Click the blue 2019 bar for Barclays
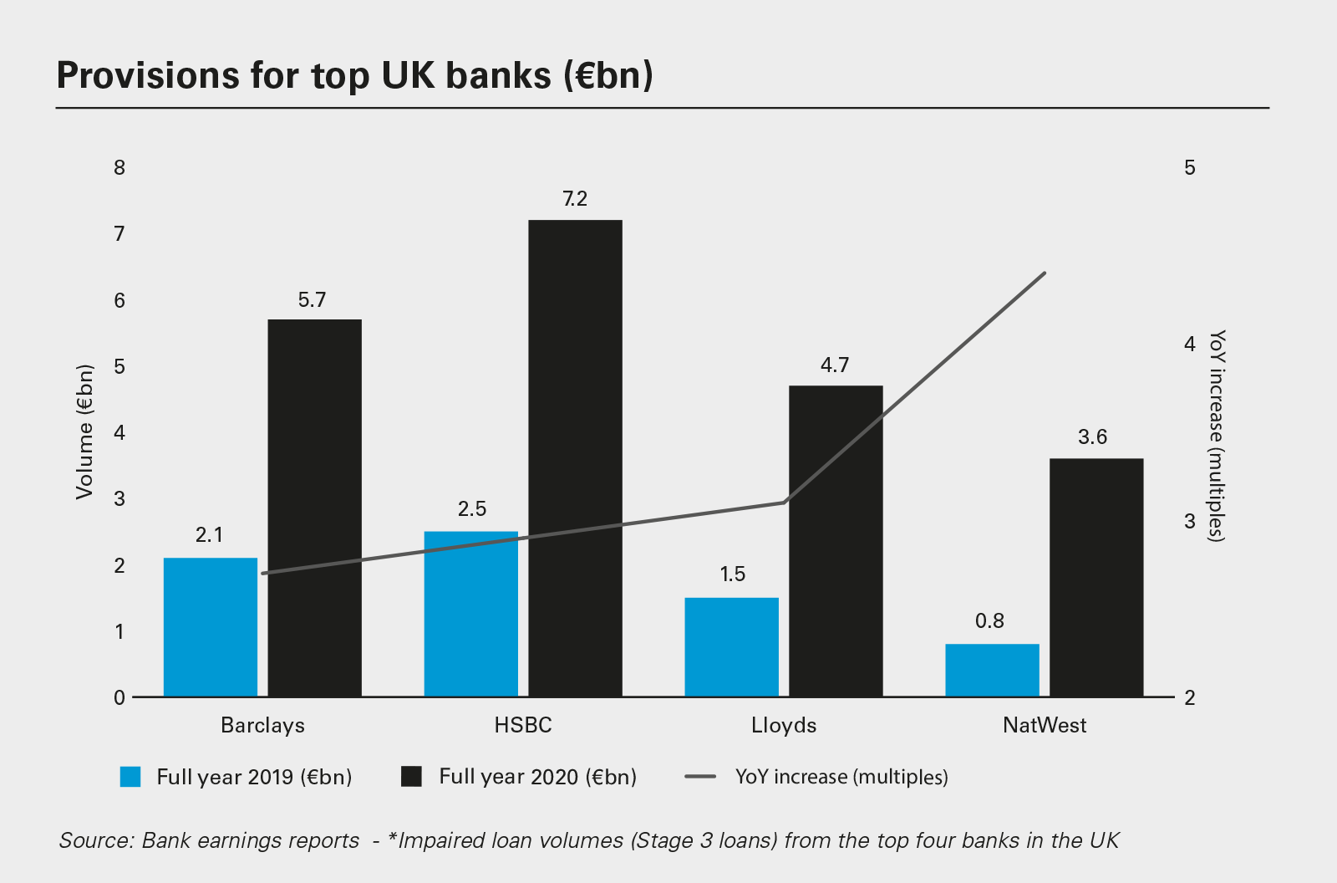tap(211, 627)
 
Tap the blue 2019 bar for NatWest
tap(992, 670)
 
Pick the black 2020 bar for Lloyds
tap(836, 541)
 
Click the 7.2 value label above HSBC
tap(575, 199)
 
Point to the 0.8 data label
tap(989, 621)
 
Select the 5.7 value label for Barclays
tap(312, 300)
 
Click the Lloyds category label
tap(784, 725)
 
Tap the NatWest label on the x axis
tap(1045, 725)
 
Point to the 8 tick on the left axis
tap(119, 168)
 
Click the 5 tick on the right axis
tap(1190, 168)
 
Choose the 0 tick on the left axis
tap(119, 697)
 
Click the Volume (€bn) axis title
tap(84, 432)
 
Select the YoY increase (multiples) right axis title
tap(1218, 436)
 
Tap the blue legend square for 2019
tap(131, 777)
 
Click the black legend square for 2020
tap(411, 777)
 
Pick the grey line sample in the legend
tap(700, 777)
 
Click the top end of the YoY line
tap(1045, 273)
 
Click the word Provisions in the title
tap(147, 75)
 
